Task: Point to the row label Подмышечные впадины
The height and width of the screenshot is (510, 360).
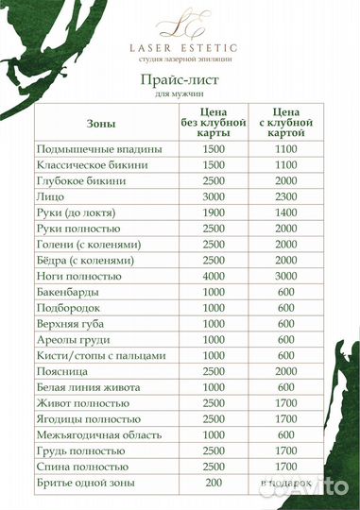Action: point(98,149)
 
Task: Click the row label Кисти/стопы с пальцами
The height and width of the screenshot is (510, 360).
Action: point(100,355)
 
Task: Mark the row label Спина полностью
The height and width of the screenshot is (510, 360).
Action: point(81,467)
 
